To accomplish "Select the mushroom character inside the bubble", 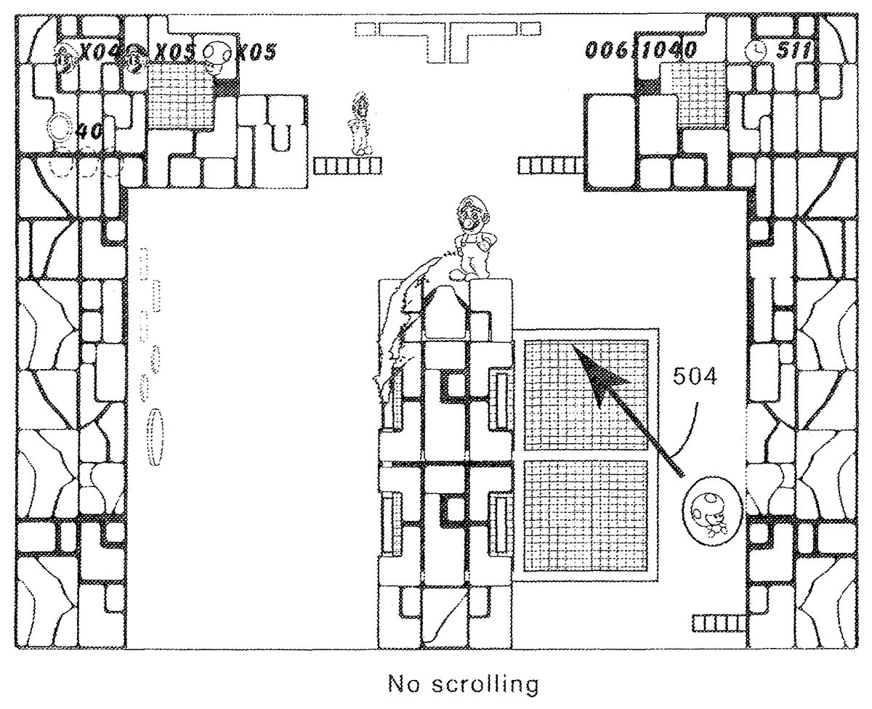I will [x=706, y=511].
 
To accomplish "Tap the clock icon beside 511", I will [x=756, y=50].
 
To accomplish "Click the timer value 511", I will [x=793, y=50].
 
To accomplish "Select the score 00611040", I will [x=641, y=50].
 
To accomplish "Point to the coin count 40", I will [x=90, y=131].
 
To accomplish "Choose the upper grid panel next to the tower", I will [x=585, y=389].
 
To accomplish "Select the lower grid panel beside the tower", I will [x=585, y=516].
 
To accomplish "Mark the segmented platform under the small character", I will [x=347, y=166].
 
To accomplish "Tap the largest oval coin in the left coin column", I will [x=155, y=437].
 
